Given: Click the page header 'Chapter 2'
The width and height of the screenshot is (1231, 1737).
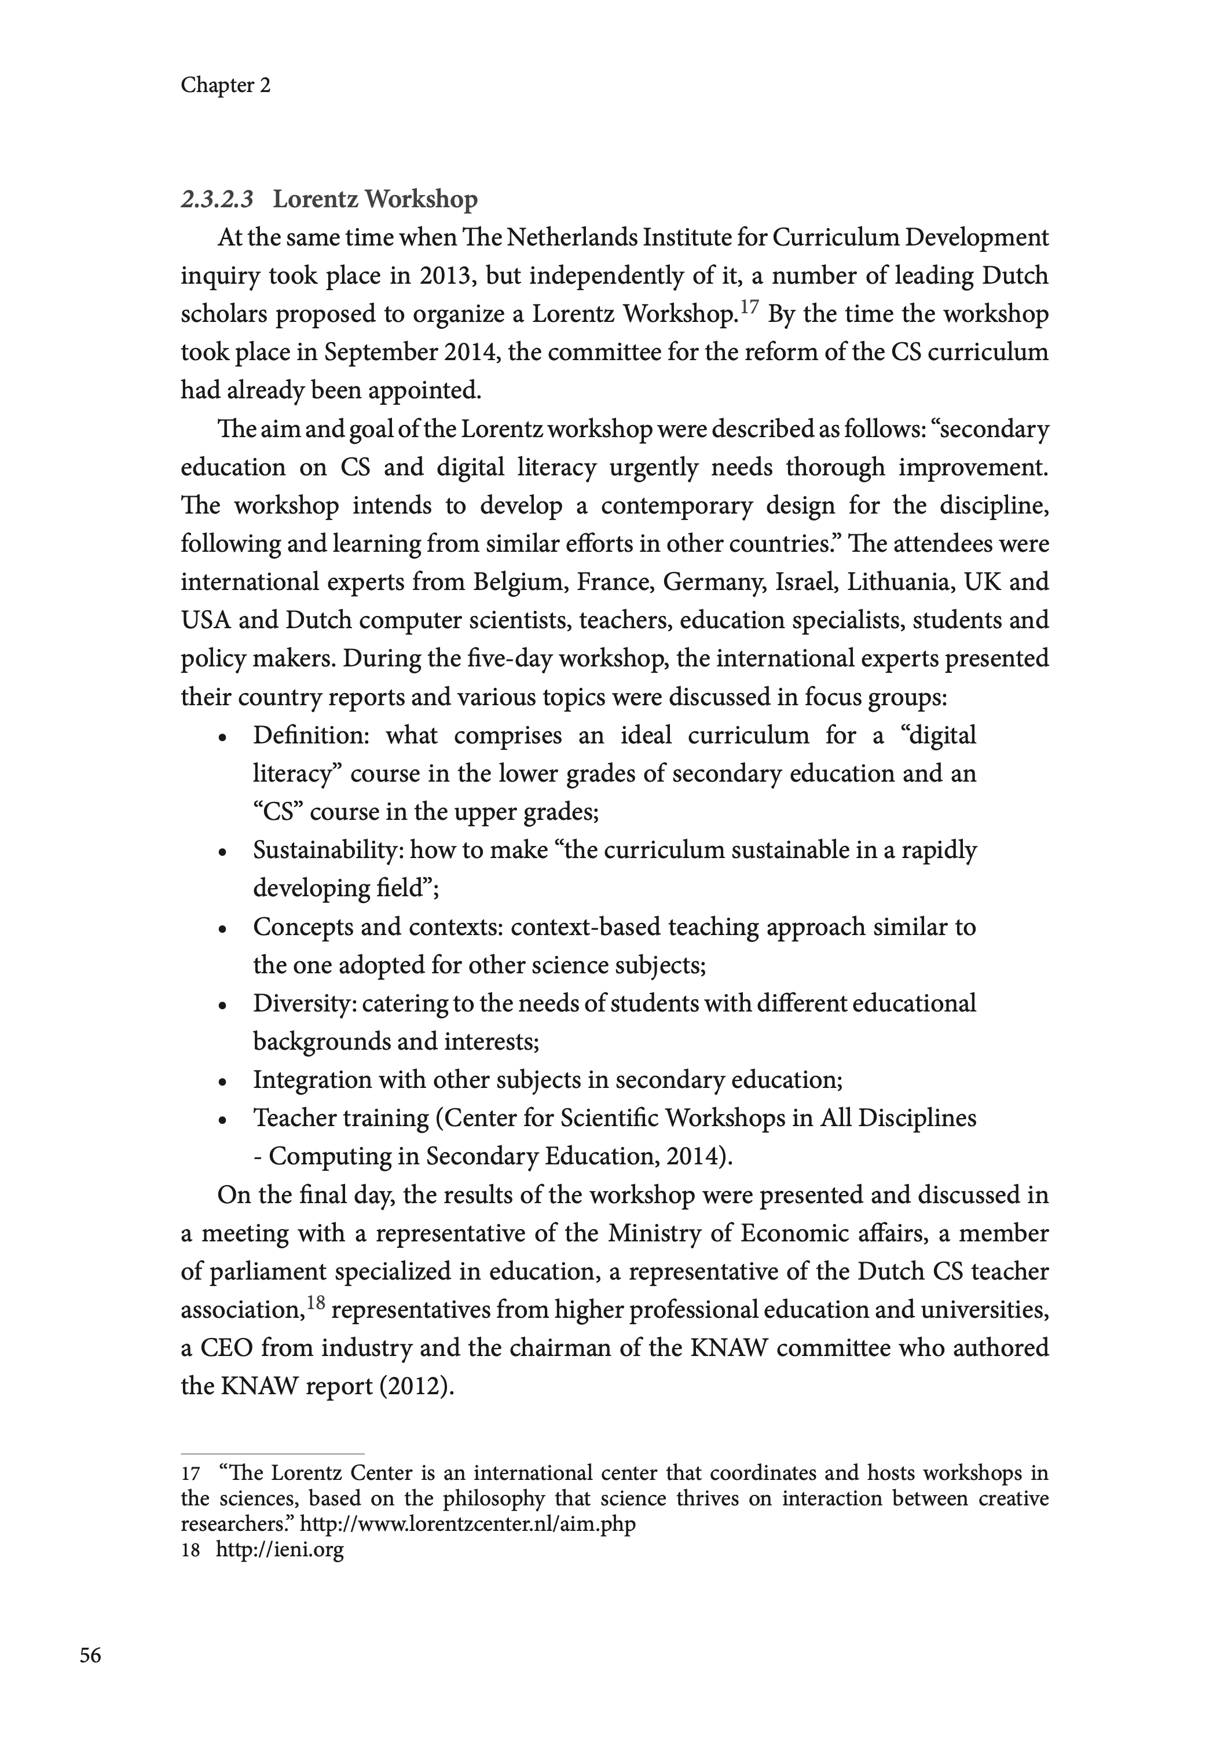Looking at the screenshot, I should coord(225,85).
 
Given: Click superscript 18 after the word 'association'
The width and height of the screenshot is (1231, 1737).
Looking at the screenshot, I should coord(316,1303).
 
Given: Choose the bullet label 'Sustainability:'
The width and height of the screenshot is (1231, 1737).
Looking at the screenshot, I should coord(329,851).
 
